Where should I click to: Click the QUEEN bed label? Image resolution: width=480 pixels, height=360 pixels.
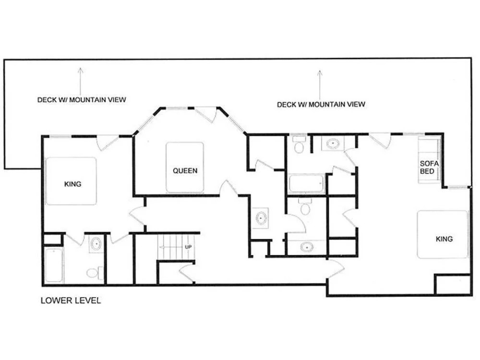point(185,170)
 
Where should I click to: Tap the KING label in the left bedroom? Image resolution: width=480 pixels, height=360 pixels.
point(72,184)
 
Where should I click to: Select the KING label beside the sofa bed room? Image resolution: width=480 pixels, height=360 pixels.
point(444,239)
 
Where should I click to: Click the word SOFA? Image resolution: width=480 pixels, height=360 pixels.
point(429,164)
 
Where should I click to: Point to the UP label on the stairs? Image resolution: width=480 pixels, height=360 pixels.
point(188,247)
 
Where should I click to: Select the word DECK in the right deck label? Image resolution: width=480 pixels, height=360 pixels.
point(286,105)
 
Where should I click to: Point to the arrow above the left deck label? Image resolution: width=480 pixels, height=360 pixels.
point(80,81)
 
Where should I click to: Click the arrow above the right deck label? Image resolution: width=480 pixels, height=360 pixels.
point(320,85)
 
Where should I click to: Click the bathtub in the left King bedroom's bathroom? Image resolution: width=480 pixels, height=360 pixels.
point(54,265)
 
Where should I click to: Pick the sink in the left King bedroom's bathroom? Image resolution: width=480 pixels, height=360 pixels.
point(96,244)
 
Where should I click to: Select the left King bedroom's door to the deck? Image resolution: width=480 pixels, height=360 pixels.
point(108,143)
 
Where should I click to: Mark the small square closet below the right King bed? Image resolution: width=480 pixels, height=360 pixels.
point(453,284)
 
